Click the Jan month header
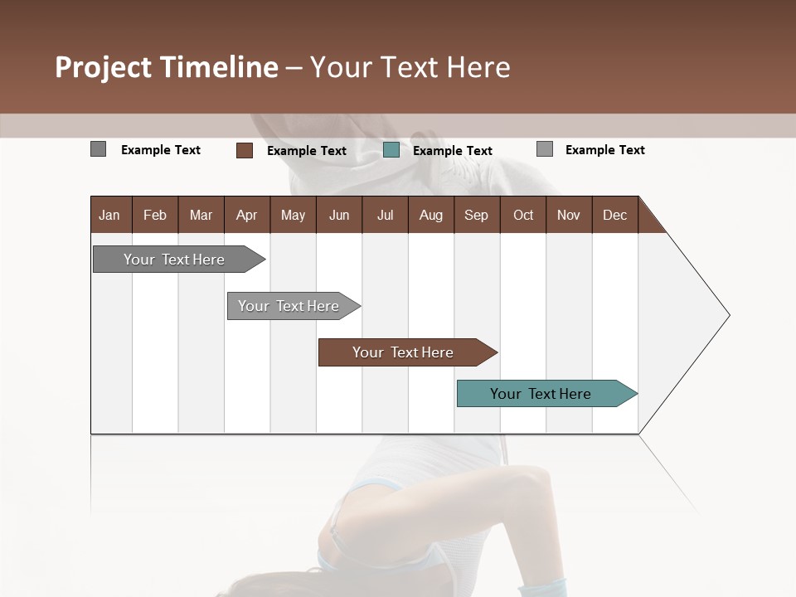(x=109, y=215)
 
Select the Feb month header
(x=155, y=215)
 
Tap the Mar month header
(x=201, y=215)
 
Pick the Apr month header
(x=246, y=215)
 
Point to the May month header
(x=293, y=215)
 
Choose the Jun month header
(x=339, y=215)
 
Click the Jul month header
(x=385, y=215)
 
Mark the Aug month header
(x=430, y=215)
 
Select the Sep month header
(x=476, y=215)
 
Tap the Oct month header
(x=523, y=215)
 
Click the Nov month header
(x=569, y=215)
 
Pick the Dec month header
(x=614, y=215)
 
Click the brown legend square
(x=245, y=150)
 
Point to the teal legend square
(x=391, y=150)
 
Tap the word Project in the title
(x=103, y=67)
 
